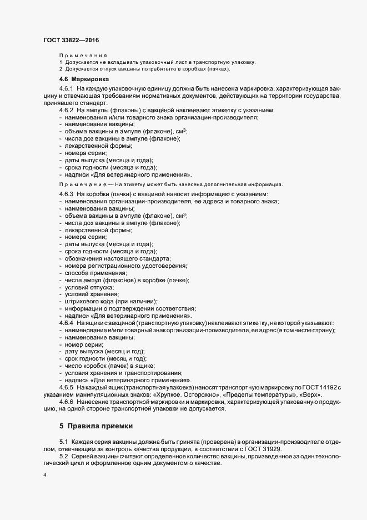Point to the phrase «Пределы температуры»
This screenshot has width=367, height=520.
point(265,394)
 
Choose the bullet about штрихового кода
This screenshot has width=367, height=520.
point(105,301)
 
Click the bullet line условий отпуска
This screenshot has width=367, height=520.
point(89,287)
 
